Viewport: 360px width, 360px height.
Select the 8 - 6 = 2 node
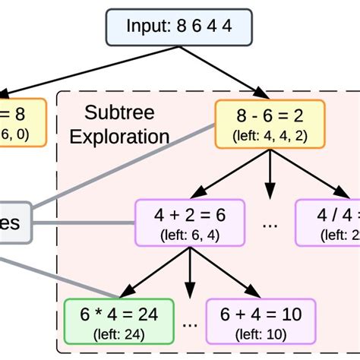[270, 124]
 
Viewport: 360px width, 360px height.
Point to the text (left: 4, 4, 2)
[270, 137]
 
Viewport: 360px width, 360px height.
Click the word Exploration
[127, 137]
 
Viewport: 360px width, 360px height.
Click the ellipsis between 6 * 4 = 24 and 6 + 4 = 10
[190, 324]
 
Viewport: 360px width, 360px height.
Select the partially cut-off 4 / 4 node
[327, 223]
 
